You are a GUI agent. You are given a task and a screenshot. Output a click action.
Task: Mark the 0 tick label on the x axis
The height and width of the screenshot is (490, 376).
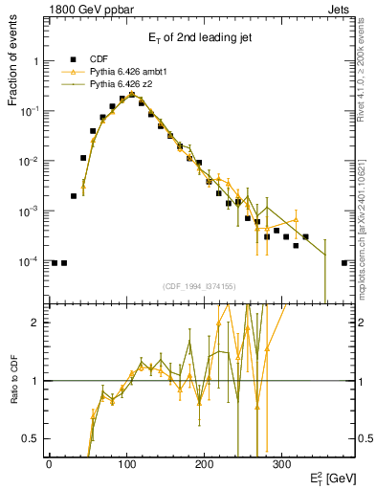pos(49,464)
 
